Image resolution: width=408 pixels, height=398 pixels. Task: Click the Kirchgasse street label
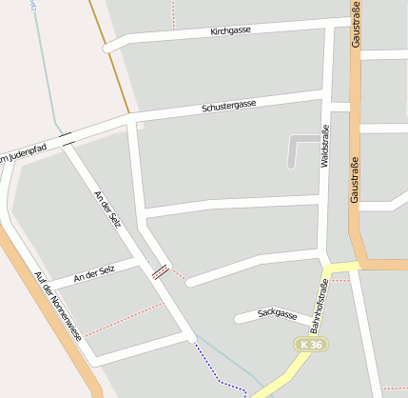tap(232, 31)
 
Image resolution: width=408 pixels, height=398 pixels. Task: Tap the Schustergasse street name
tap(228, 106)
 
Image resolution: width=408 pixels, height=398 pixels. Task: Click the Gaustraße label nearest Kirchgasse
tap(356, 26)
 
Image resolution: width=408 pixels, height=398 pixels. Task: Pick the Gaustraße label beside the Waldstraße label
tap(354, 178)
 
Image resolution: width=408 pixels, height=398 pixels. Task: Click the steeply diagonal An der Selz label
tap(107, 209)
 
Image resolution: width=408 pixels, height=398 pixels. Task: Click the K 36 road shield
tap(310, 344)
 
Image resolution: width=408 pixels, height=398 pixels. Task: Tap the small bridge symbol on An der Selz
tap(161, 270)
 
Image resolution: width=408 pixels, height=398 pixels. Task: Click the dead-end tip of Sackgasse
tap(238, 319)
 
